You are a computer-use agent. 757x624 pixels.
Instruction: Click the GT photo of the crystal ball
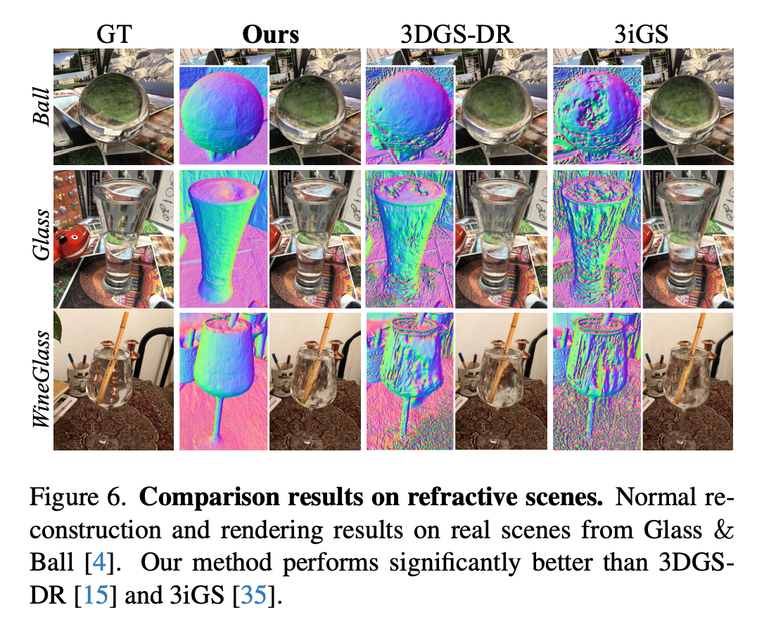114,107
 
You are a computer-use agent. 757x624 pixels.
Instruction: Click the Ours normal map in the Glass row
223,239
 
